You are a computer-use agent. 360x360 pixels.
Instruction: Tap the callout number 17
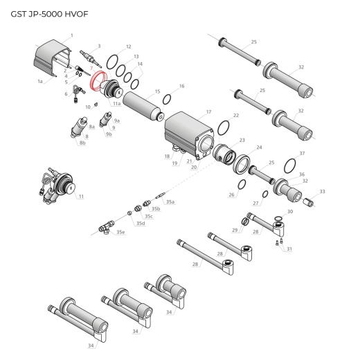pos(208,111)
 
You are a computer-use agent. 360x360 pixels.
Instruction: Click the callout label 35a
pos(170,201)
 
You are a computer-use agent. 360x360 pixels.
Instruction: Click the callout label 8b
pos(82,143)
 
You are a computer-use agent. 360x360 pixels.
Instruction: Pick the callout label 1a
pos(40,81)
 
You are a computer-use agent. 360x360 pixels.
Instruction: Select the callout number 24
pos(259,147)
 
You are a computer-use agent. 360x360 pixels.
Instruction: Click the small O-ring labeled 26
pos(240,184)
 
